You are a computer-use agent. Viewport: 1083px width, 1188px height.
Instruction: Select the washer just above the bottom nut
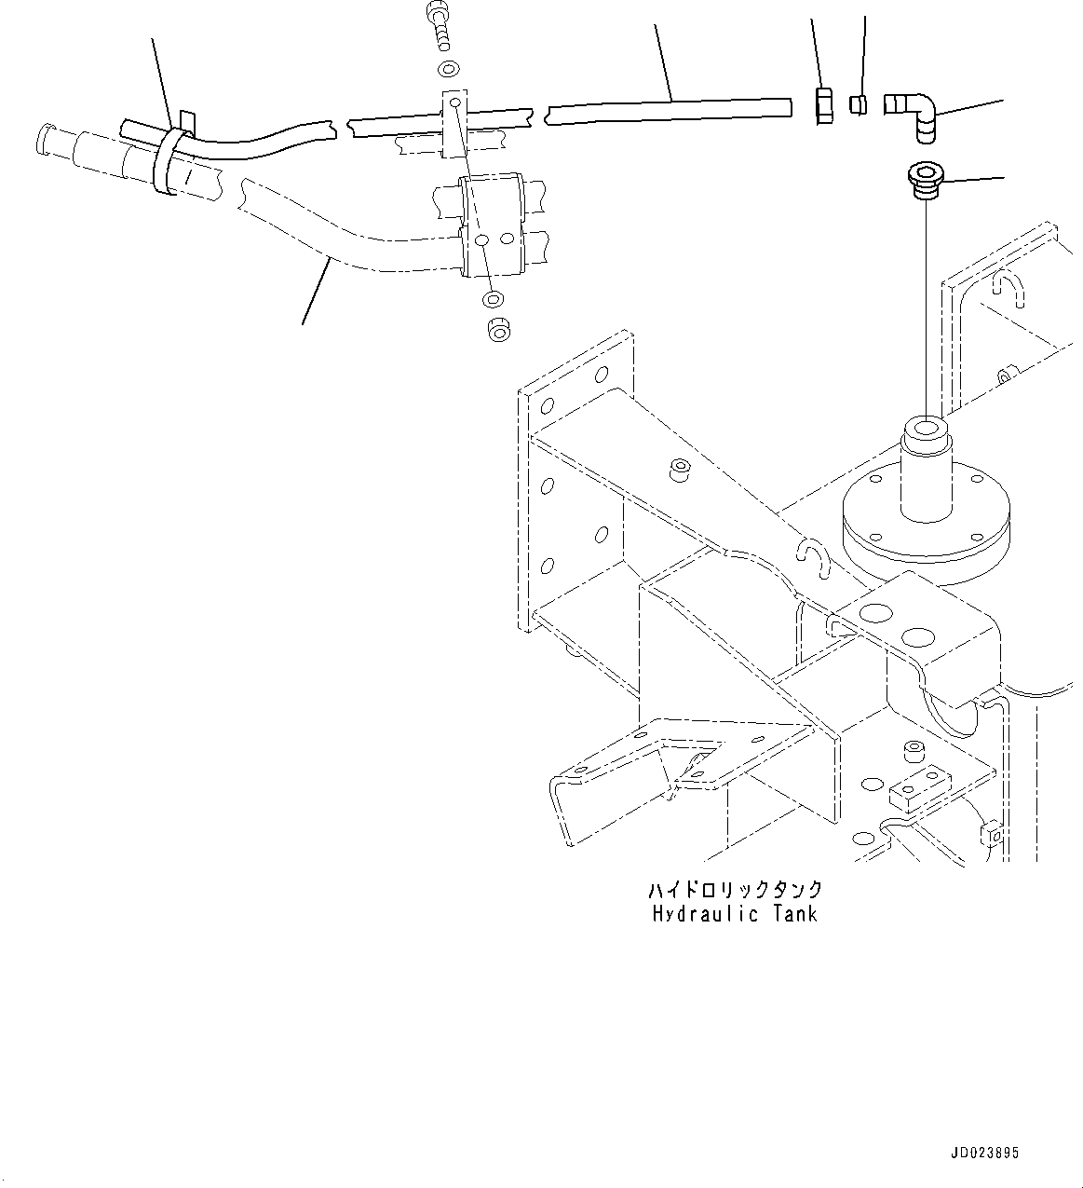[x=493, y=299]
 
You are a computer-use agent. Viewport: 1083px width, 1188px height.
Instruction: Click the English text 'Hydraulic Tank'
[x=735, y=913]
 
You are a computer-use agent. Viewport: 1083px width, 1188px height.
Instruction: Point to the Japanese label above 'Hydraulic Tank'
[x=735, y=889]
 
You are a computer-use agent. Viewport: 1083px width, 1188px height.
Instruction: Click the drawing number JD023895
[x=985, y=1153]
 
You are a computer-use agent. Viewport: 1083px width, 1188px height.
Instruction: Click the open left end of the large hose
[x=43, y=140]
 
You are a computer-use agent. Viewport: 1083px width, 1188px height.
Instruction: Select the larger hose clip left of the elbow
[x=821, y=105]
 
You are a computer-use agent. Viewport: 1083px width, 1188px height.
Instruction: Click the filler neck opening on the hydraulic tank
[x=927, y=430]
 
